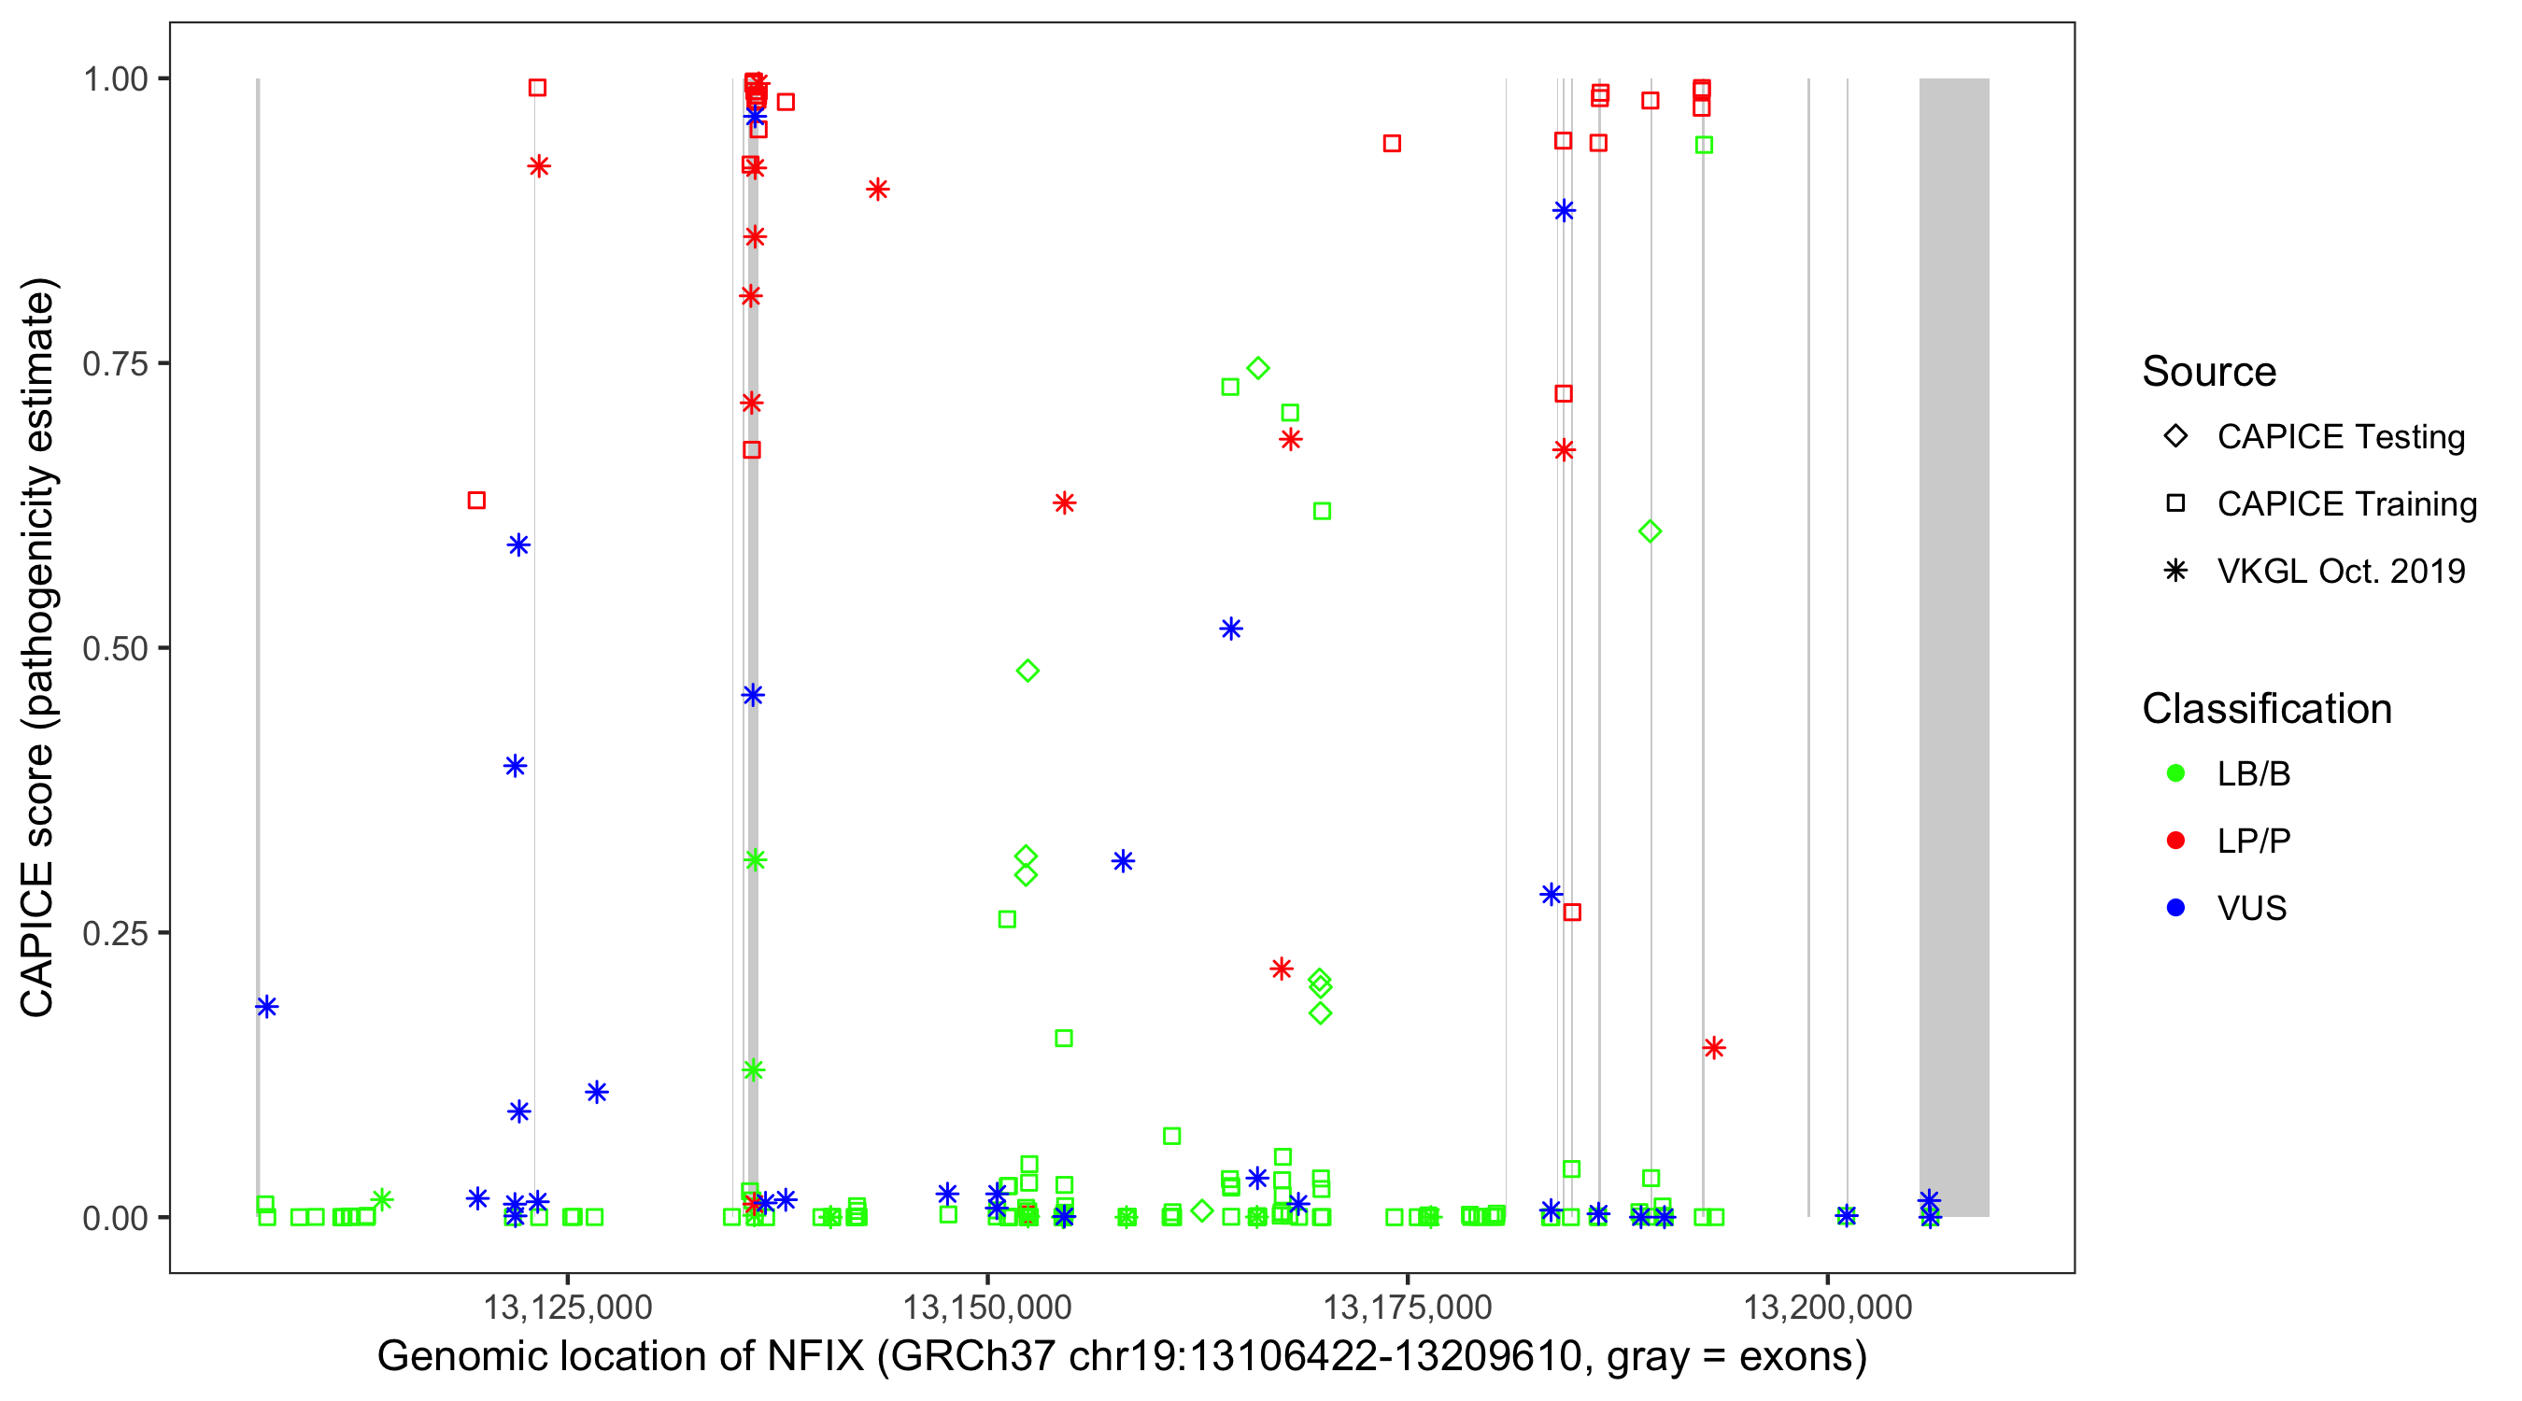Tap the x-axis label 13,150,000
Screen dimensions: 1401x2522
(987, 1306)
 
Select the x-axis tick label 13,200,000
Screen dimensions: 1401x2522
(1827, 1306)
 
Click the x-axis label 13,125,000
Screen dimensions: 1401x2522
(567, 1306)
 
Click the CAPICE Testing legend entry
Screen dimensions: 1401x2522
(2340, 437)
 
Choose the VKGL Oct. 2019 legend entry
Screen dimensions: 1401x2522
(2340, 571)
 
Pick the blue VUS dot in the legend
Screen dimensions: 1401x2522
(2175, 908)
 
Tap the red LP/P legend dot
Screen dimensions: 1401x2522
(2175, 840)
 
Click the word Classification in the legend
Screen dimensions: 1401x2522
(2266, 708)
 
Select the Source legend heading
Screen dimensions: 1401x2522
(2209, 371)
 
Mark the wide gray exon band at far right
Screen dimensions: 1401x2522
(1953, 646)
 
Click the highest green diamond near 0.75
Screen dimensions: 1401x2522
(1258, 368)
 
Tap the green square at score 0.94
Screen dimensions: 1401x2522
(1704, 145)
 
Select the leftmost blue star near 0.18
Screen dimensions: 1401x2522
(266, 1007)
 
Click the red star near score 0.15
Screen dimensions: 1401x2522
(1713, 1048)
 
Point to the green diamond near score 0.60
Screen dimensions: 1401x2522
(1650, 531)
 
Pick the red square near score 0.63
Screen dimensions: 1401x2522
(476, 501)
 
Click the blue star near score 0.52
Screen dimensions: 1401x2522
(1231, 629)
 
